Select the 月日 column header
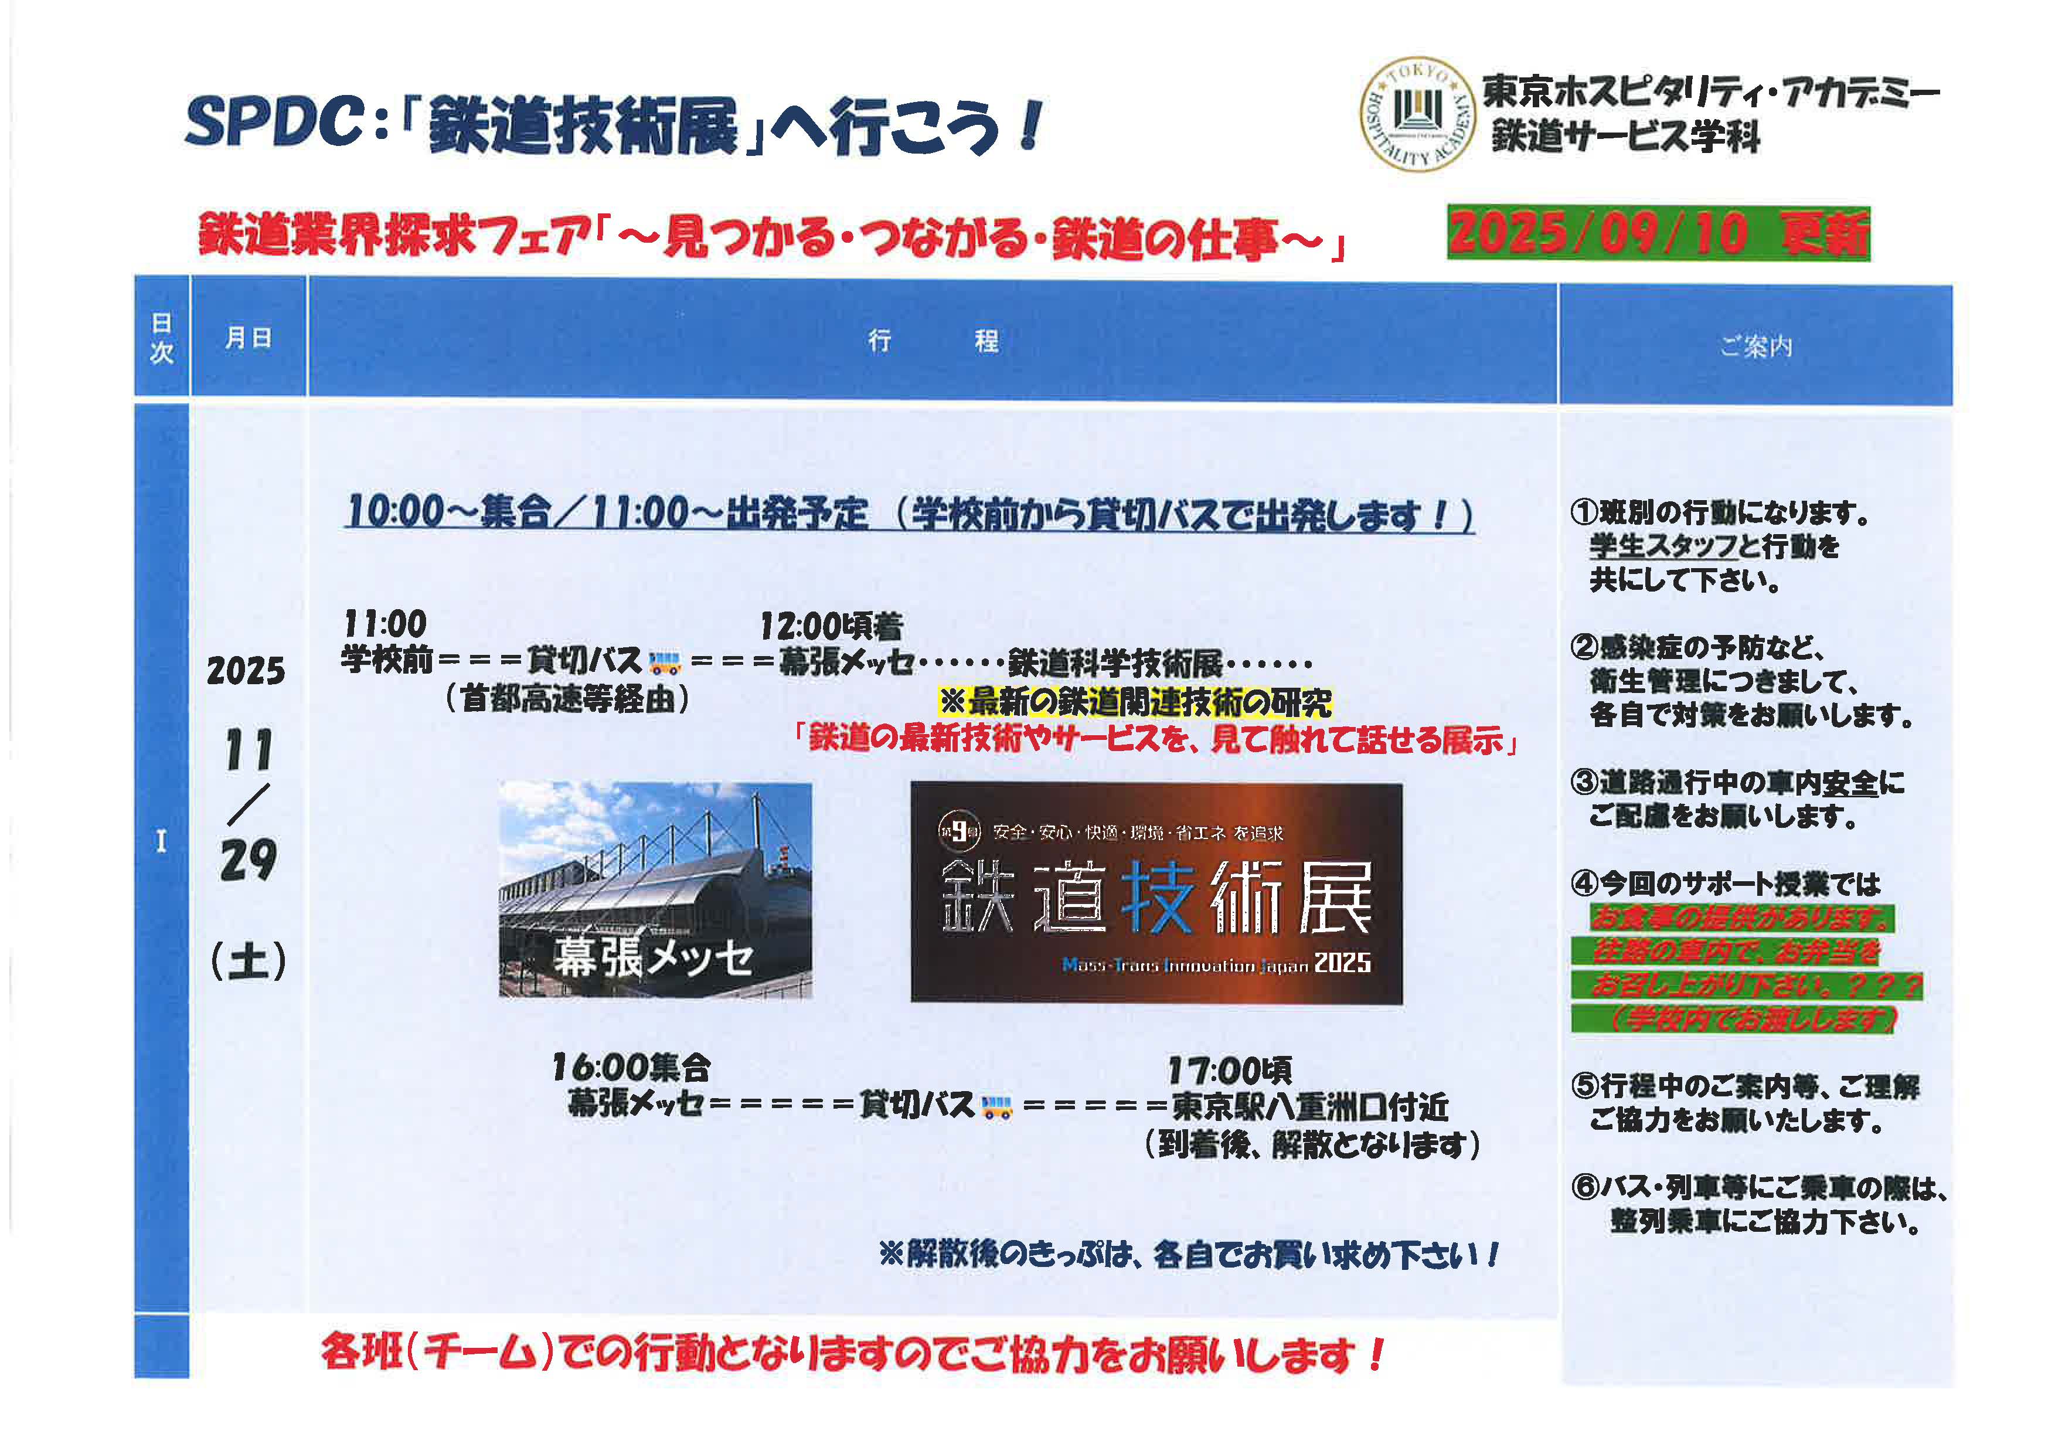(248, 338)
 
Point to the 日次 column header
(161, 338)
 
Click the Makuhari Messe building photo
(655, 889)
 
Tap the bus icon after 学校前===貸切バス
(664, 663)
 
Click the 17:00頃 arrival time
(1229, 1070)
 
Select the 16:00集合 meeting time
(631, 1067)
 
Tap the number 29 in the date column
(248, 861)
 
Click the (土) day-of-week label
(248, 961)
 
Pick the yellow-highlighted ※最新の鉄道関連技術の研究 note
(1135, 702)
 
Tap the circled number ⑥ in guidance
(1584, 1187)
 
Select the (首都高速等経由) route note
(567, 698)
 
